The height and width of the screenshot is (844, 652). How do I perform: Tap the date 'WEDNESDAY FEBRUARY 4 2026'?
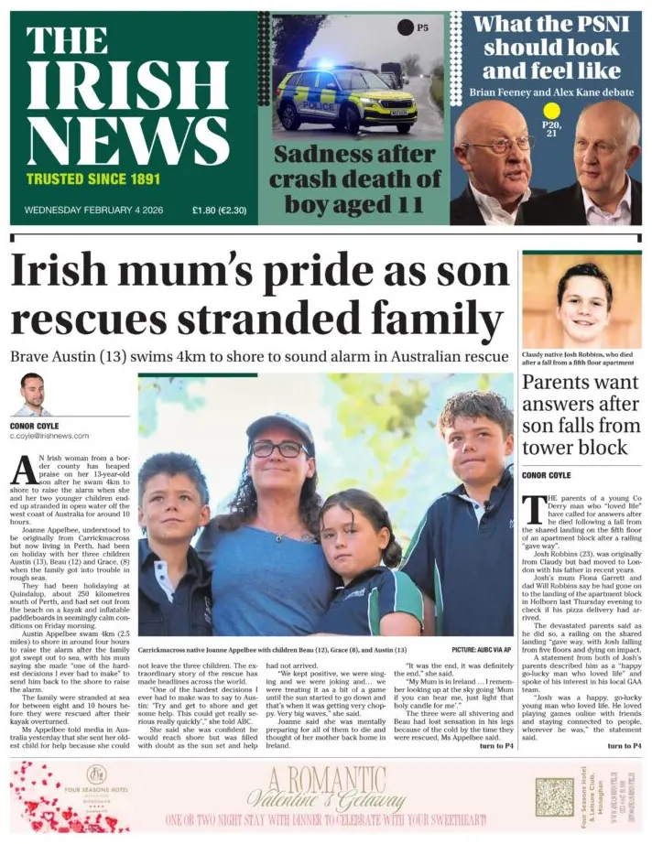coord(93,210)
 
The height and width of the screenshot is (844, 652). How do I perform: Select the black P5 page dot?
coord(405,27)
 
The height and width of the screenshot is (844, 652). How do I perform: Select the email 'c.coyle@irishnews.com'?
coord(49,436)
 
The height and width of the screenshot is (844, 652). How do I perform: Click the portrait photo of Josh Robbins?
coord(581,301)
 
